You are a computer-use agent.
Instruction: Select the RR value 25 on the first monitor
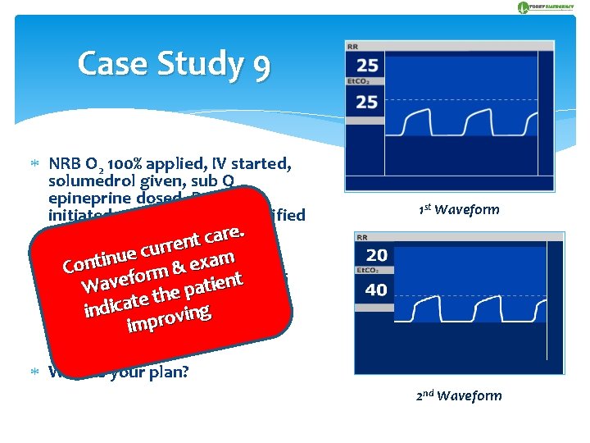pos(368,65)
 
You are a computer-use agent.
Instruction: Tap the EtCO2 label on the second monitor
pos(365,270)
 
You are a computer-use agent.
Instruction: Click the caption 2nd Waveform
pos(458,396)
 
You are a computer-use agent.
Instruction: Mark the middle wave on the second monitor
pos(470,310)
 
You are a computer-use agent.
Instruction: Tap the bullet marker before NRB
pos(35,162)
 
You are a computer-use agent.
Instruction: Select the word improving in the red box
pos(170,317)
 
